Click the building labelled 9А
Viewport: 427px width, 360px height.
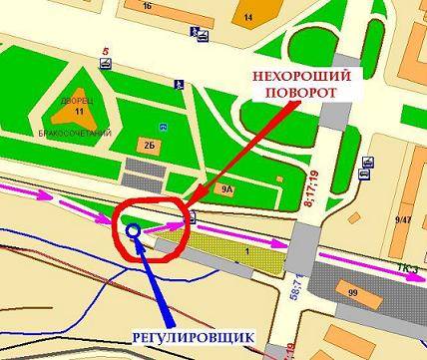226,186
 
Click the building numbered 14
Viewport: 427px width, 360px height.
248,18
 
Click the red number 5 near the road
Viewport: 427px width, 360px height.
104,50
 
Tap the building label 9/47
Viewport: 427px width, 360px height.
403,219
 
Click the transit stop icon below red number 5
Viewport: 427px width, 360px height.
104,65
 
